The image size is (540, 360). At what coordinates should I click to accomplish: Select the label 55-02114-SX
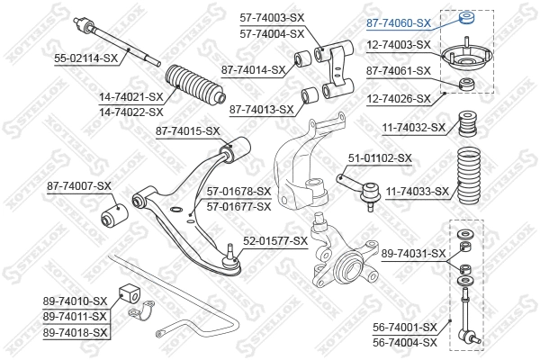tap(85, 58)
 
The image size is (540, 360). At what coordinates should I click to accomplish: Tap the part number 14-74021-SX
tap(130, 97)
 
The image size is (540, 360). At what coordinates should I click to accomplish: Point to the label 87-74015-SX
tap(187, 130)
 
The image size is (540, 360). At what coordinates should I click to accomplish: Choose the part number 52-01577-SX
tap(275, 241)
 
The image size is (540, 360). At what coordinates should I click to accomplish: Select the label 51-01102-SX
tap(380, 158)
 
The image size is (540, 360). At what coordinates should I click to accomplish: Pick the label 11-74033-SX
tap(417, 191)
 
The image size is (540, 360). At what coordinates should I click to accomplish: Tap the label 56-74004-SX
tap(405, 342)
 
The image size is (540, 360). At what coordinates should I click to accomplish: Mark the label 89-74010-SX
tap(75, 301)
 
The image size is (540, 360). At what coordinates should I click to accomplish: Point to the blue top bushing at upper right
tap(467, 18)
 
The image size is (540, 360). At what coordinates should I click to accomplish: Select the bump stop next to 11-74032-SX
tap(467, 124)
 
